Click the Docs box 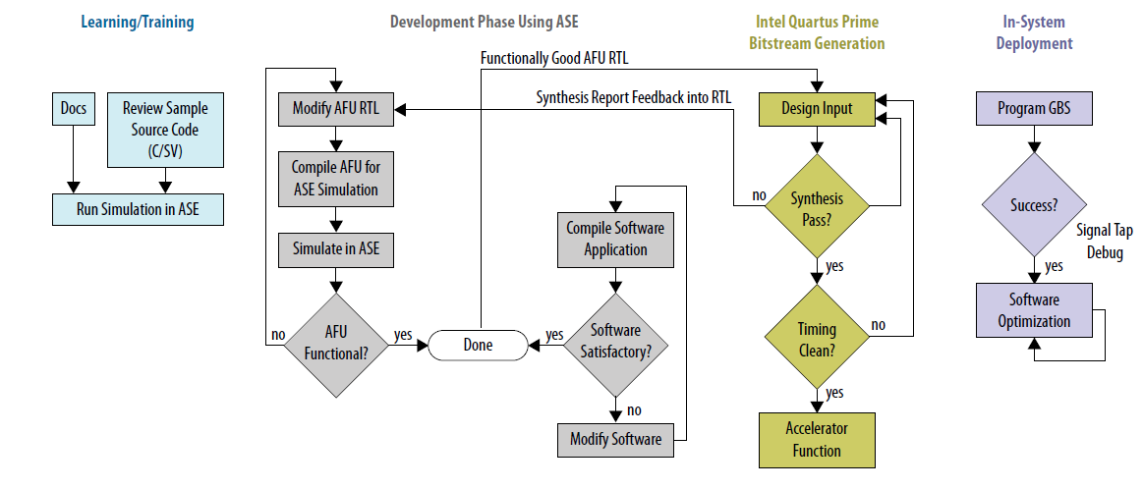pos(73,109)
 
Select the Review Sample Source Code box pos(165,130)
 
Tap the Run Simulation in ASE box pos(137,209)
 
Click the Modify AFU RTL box pos(335,110)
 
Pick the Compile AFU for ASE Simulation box pos(335,178)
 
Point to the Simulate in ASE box pos(335,249)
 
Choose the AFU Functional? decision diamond pos(335,345)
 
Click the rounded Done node pos(478,345)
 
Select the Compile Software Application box pos(615,240)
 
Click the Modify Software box pos(615,439)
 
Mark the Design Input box pos(817,109)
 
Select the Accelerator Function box pos(817,439)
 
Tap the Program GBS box pos(1033,109)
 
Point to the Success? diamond pos(1033,206)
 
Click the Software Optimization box pos(1033,309)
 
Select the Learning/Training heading pos(138,22)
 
